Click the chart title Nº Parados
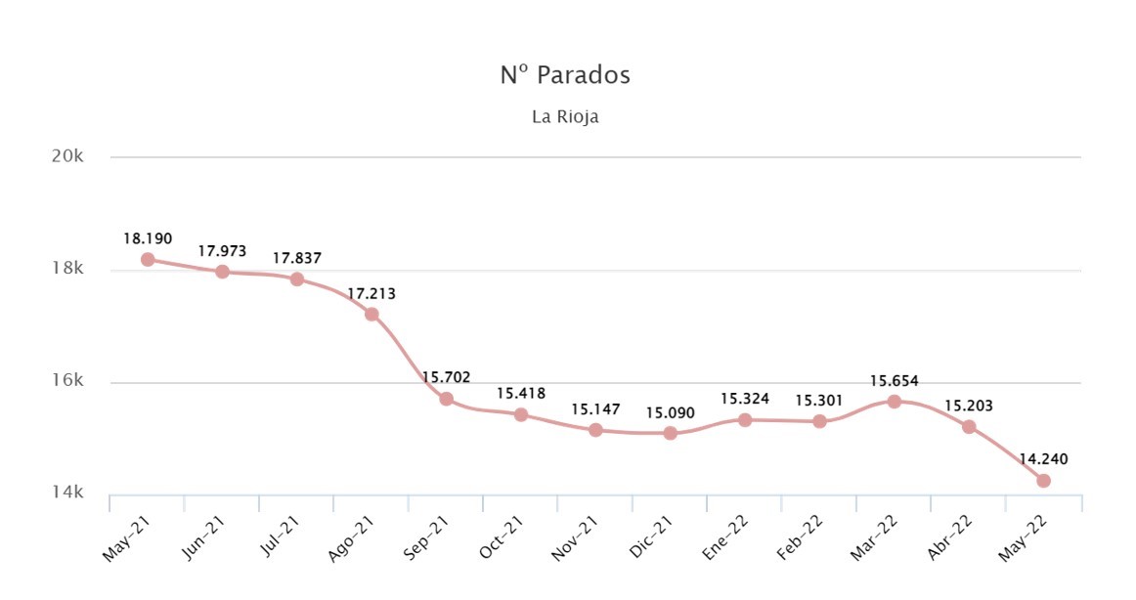(x=565, y=74)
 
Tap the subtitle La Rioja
(x=565, y=116)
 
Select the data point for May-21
(x=148, y=259)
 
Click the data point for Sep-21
(x=446, y=399)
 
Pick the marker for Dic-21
(x=670, y=433)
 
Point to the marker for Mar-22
(x=894, y=401)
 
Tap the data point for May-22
(x=1043, y=481)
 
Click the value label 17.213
(x=371, y=294)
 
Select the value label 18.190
(x=148, y=238)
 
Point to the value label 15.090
(x=670, y=412)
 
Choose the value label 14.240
(x=1043, y=459)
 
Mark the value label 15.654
(x=894, y=381)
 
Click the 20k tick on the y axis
(x=67, y=155)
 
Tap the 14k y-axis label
(x=67, y=493)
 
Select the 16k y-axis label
(x=67, y=381)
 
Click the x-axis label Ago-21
(x=351, y=538)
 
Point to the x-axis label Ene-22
(x=725, y=538)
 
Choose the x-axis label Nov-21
(x=575, y=538)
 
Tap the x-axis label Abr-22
(x=949, y=538)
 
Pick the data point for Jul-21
(x=297, y=279)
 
